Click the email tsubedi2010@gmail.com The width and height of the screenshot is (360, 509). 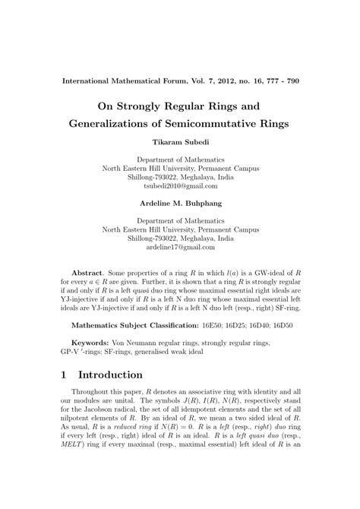point(180,185)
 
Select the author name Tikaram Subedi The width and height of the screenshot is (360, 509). point(180,141)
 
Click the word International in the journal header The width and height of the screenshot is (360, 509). point(90,80)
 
